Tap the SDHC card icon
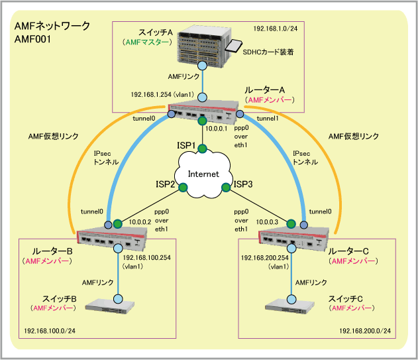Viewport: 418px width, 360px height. (x=234, y=46)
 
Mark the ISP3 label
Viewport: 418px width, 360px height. (x=243, y=185)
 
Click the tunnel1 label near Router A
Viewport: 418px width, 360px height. (x=267, y=119)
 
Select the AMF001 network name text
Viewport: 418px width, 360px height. (x=32, y=40)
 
